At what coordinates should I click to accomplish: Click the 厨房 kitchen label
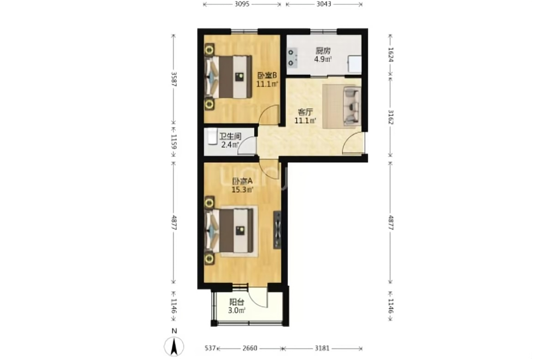tap(322, 51)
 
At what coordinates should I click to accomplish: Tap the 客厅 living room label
tap(305, 112)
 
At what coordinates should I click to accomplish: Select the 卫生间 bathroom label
tap(230, 136)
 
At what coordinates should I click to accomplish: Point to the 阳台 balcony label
tap(236, 302)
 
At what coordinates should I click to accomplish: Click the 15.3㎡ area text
tap(243, 190)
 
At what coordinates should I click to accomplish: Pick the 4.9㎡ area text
tap(322, 59)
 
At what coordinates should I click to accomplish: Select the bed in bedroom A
tap(230, 231)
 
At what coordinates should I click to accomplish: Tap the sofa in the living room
tap(352, 106)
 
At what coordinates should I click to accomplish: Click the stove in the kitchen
tap(292, 58)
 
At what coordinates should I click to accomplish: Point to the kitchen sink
tap(355, 64)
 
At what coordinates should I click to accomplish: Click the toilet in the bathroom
tap(211, 136)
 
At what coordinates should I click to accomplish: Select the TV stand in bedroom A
tap(277, 230)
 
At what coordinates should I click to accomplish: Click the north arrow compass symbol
tap(174, 346)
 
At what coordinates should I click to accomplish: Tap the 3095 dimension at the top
tap(242, 4)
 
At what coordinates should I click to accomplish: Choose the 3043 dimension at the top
tap(324, 4)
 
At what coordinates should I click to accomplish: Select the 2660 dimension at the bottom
tap(250, 348)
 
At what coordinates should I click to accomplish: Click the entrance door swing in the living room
tap(354, 143)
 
